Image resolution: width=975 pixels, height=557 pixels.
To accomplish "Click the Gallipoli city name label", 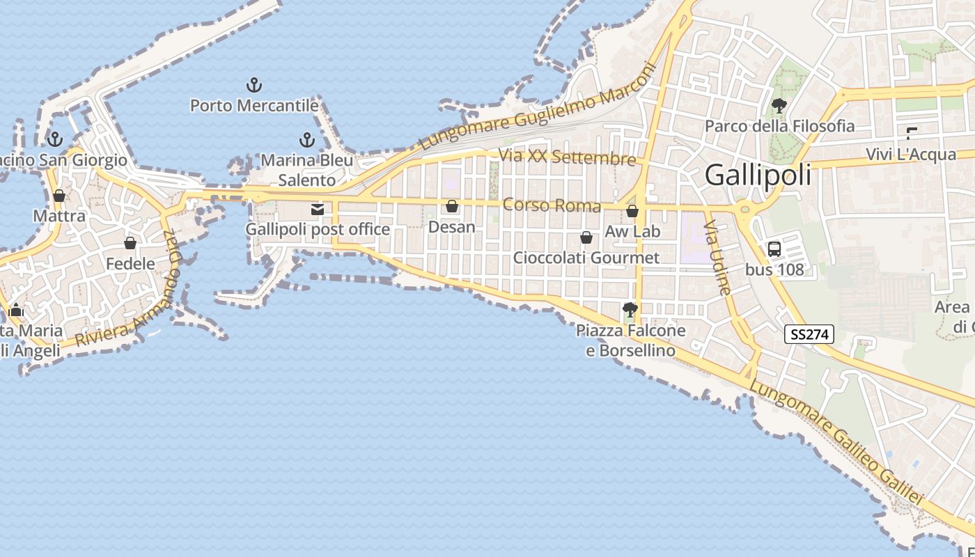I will click(758, 175).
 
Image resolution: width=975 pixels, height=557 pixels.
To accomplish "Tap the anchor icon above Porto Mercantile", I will click(254, 86).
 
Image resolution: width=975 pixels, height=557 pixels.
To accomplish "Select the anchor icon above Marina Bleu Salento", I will click(306, 140).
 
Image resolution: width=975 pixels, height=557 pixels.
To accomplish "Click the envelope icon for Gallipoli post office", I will click(318, 209).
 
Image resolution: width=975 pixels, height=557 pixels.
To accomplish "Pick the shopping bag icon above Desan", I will click(452, 206).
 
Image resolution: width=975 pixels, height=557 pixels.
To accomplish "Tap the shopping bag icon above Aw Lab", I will click(632, 210).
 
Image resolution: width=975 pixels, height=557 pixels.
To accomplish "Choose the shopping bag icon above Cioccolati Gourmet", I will click(586, 237).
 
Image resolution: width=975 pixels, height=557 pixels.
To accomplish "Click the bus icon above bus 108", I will click(774, 249).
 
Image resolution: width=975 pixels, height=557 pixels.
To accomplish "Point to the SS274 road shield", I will click(809, 334).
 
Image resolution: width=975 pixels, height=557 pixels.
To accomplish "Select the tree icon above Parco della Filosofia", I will click(779, 106).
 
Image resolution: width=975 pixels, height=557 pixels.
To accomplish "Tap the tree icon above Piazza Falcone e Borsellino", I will click(630, 309).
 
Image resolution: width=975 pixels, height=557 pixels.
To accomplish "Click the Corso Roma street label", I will click(552, 205).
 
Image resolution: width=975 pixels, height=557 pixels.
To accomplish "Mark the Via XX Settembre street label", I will click(568, 157).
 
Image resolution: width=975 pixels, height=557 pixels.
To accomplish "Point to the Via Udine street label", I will click(718, 258).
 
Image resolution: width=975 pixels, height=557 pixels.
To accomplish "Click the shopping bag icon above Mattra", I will click(59, 196).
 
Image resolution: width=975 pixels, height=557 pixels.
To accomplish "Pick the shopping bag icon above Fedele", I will click(130, 243).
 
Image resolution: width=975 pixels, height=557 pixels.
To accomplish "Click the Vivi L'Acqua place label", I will click(911, 154).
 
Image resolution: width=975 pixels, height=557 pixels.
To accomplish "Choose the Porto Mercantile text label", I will click(254, 106).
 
